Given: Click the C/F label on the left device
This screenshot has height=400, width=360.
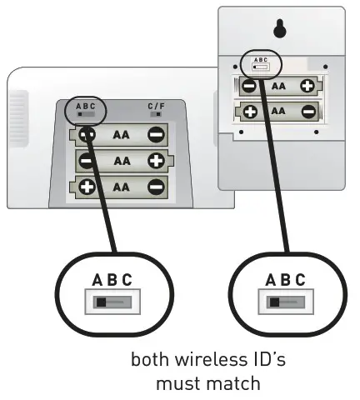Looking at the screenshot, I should coord(156,107).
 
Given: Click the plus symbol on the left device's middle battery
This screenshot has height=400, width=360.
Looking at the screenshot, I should coord(156,160).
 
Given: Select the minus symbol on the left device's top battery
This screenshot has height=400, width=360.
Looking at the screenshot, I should coord(156,133).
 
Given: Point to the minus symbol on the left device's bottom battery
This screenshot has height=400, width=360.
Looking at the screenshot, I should coord(156,186).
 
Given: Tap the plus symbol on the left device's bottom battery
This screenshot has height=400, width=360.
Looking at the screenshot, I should coord(87,186).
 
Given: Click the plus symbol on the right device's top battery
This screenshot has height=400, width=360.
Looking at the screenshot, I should coord(307,86).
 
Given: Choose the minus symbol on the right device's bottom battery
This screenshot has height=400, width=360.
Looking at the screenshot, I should coord(307,111).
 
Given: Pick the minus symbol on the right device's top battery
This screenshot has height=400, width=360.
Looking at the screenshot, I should coord(248,86).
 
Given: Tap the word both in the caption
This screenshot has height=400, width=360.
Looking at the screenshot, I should coord(148,362).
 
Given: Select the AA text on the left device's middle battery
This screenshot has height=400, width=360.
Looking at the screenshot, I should coord(122,160).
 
